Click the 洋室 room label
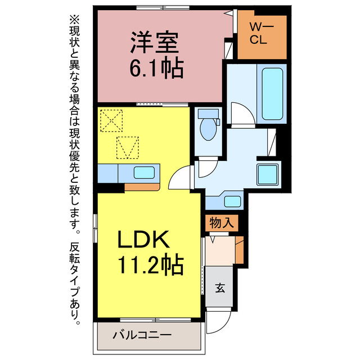[155, 43]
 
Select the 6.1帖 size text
[156, 69]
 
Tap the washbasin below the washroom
[231, 200]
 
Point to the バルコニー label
[141, 335]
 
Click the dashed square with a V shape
[127, 147]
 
